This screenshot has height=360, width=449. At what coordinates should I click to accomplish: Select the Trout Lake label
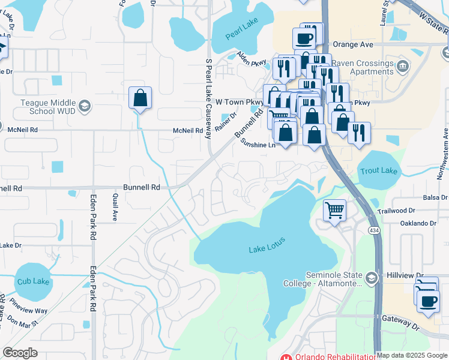click(x=379, y=171)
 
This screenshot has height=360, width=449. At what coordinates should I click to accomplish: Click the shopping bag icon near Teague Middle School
click(x=140, y=99)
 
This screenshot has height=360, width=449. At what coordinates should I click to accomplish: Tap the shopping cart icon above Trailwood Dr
click(x=334, y=211)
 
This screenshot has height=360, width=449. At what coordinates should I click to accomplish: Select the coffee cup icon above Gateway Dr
click(x=428, y=302)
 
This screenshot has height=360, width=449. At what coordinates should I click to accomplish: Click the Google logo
click(x=20, y=353)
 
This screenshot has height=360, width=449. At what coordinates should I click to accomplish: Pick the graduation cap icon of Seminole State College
click(x=372, y=277)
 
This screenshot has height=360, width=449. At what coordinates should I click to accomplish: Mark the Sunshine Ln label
click(x=258, y=145)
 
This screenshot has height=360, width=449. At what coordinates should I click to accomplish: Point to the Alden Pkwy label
click(x=251, y=58)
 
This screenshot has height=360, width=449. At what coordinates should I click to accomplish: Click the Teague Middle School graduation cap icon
click(x=85, y=106)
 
